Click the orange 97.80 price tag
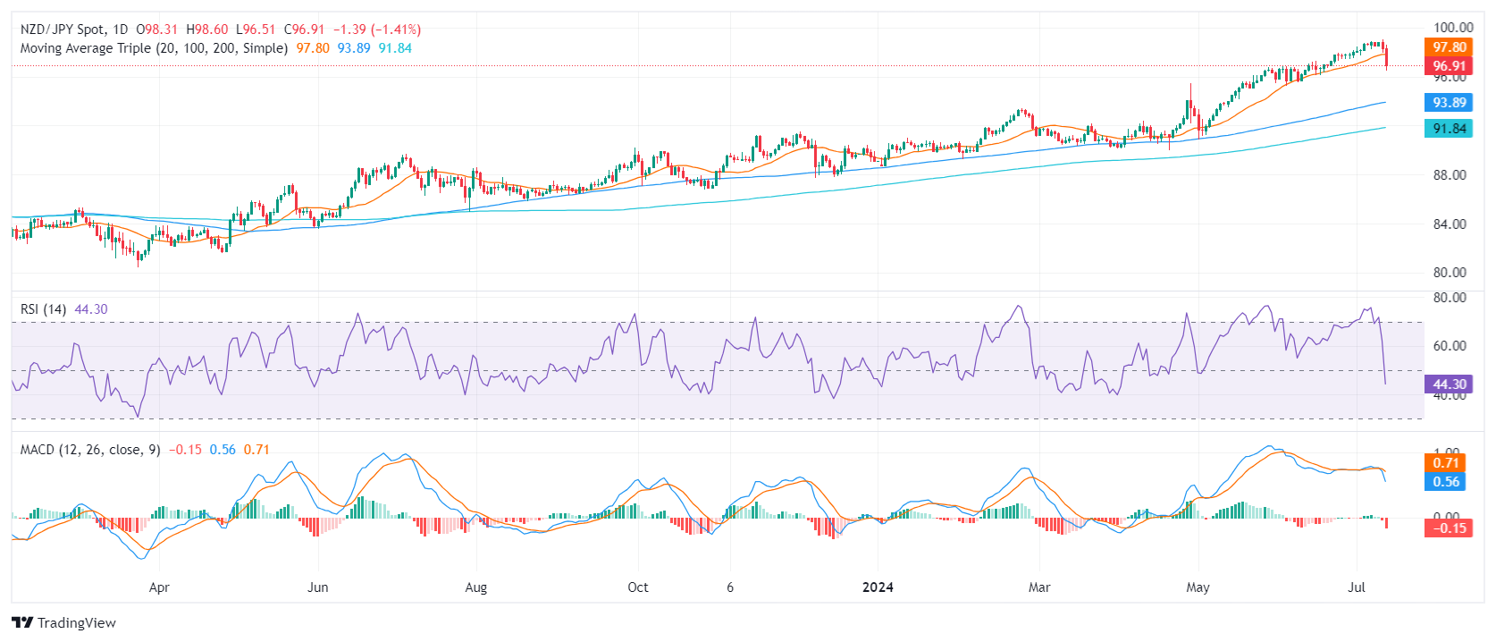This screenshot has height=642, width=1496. (x=1449, y=47)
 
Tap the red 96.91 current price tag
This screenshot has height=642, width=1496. (x=1449, y=66)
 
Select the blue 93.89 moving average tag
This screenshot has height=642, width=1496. (x=1449, y=103)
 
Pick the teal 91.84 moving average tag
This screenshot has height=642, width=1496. (x=1449, y=129)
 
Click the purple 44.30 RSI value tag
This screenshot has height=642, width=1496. (x=1449, y=384)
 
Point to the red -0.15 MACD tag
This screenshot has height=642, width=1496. (x=1449, y=528)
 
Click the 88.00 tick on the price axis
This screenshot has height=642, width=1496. (x=1449, y=175)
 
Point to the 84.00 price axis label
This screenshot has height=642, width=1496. (x=1449, y=224)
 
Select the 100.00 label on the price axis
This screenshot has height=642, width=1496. (x=1452, y=28)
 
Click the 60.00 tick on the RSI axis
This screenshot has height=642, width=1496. (x=1449, y=346)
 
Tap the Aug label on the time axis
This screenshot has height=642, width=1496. (x=476, y=587)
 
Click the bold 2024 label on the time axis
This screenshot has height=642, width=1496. (x=878, y=587)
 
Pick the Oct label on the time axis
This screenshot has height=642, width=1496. (x=638, y=587)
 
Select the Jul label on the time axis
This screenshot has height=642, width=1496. (x=1357, y=587)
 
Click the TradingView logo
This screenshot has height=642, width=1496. (x=63, y=623)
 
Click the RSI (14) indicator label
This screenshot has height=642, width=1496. (x=43, y=309)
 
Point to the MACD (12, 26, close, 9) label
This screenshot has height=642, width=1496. (x=90, y=450)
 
